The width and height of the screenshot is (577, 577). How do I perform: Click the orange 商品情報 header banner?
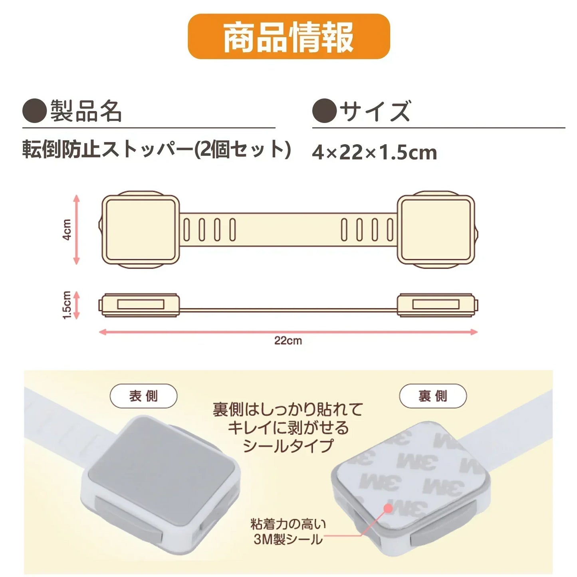tap(288, 37)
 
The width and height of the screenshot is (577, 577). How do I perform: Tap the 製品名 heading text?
tap(86, 111)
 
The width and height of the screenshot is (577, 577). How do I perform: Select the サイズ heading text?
tap(375, 111)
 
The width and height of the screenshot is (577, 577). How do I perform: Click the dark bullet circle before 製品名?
tap(34, 111)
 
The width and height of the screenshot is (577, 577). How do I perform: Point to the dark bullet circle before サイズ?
tap(324, 111)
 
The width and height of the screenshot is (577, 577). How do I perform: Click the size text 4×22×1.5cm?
tap(374, 153)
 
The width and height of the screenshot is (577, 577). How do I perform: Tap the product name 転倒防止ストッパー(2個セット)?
tap(156, 150)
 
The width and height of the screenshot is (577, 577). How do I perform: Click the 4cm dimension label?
tap(67, 229)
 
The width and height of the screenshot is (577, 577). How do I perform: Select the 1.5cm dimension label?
tap(67, 305)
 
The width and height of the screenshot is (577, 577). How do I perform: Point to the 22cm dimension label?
tap(288, 341)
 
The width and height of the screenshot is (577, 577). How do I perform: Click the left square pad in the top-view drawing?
tap(140, 230)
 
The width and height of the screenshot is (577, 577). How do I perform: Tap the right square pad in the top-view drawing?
tap(436, 230)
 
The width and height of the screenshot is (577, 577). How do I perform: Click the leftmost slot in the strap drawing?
tap(186, 230)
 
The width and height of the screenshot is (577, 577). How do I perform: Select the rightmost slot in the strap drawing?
tap(390, 230)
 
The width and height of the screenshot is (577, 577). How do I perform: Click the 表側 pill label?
tap(143, 396)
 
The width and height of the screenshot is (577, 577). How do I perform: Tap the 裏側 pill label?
tap(433, 396)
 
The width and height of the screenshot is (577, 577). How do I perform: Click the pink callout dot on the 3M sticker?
tap(388, 508)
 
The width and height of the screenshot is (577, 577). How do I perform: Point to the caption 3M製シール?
tap(288, 539)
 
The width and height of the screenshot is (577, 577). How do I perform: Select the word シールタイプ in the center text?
tap(288, 446)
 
